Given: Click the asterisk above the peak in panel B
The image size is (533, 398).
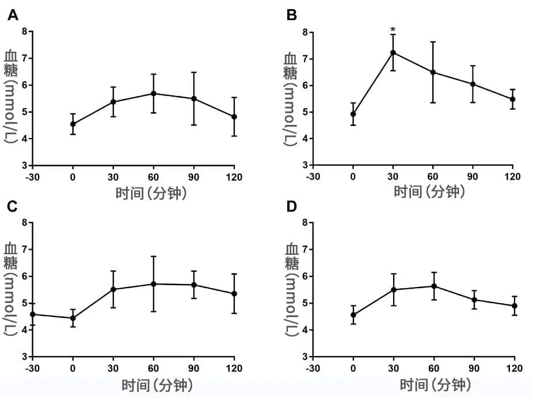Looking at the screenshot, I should pos(393,30).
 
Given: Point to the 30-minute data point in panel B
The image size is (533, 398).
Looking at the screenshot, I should pos(393,52).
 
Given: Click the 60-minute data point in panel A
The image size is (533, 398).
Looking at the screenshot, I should pos(154,93).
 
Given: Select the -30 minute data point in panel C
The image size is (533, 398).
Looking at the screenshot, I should pos(33,314).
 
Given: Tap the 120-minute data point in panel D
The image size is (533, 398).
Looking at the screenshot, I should pos(514,305).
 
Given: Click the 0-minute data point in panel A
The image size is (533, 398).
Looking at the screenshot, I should pos(73,124).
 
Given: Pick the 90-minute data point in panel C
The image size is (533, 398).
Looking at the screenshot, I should pos(194,285).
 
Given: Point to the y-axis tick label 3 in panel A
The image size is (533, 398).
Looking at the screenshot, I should pos(25,166).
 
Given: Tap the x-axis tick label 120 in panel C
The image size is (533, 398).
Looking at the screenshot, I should pos(234,368).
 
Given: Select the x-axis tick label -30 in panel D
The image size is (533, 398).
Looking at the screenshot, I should pos(313,368).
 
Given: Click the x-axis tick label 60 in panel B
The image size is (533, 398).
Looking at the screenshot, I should pos(433,177).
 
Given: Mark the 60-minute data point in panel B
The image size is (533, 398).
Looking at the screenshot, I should pos(433,72).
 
